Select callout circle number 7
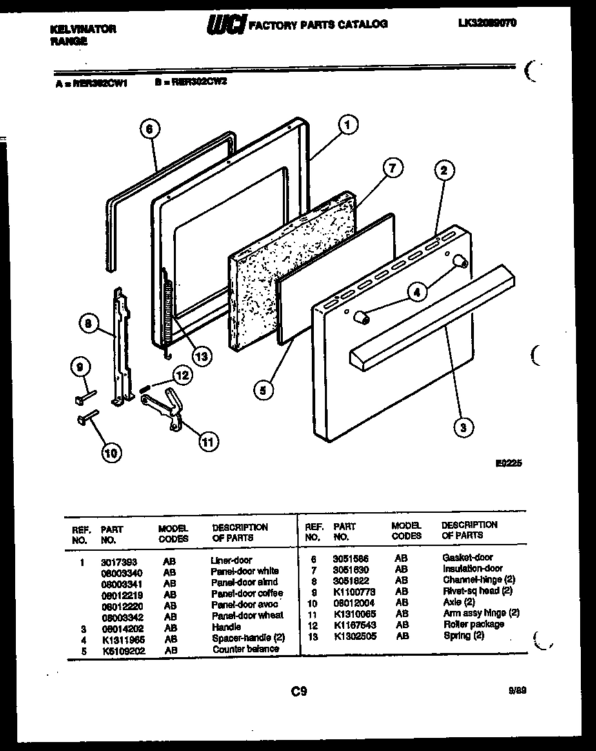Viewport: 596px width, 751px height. (392, 168)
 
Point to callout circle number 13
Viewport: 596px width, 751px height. (200, 356)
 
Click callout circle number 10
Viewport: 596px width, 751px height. (110, 453)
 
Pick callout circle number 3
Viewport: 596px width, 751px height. (464, 428)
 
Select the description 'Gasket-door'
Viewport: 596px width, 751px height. (468, 558)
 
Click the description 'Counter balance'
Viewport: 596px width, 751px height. (246, 650)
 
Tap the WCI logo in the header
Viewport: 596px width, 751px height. (225, 24)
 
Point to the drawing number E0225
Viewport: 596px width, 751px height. (508, 464)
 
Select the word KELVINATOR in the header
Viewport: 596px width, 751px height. (83, 29)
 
